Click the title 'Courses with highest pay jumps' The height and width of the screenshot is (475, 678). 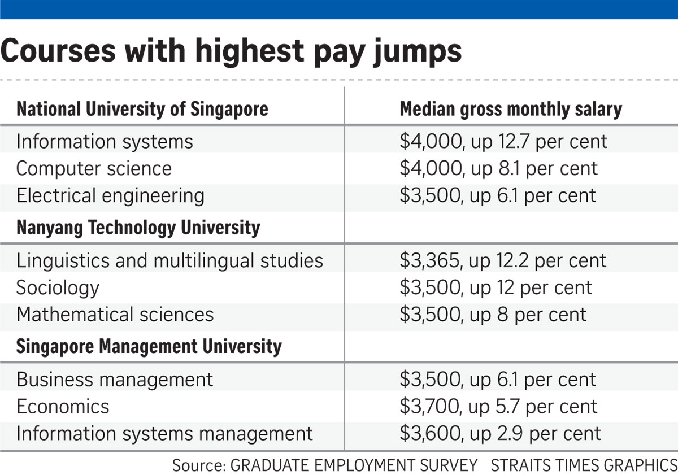point(231,51)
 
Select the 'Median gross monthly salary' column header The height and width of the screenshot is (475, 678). point(510,109)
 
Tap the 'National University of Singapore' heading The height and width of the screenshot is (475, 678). point(142,109)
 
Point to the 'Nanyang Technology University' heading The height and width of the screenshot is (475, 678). point(138,228)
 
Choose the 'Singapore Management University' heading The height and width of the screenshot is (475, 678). point(149,346)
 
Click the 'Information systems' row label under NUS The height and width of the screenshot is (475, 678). point(105,141)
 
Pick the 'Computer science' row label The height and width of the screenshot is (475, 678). point(94,168)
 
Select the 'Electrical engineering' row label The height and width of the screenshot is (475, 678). point(110,196)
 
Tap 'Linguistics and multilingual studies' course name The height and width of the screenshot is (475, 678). point(169,260)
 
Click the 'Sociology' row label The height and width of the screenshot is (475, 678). point(58,287)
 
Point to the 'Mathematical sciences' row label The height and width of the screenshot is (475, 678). point(115,315)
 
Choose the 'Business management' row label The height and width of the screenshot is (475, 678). point(115,379)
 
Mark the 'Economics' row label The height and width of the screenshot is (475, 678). point(63,406)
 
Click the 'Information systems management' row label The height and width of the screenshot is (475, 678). point(164,434)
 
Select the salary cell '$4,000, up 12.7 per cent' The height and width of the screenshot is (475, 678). point(503,141)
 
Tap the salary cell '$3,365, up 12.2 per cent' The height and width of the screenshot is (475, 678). point(502,260)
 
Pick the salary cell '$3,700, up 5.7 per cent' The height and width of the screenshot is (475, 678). point(498,406)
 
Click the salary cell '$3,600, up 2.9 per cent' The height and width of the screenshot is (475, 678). point(500,434)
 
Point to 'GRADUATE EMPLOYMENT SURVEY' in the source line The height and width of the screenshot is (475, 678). point(354,465)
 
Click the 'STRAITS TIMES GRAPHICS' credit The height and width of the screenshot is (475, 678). point(583,465)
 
